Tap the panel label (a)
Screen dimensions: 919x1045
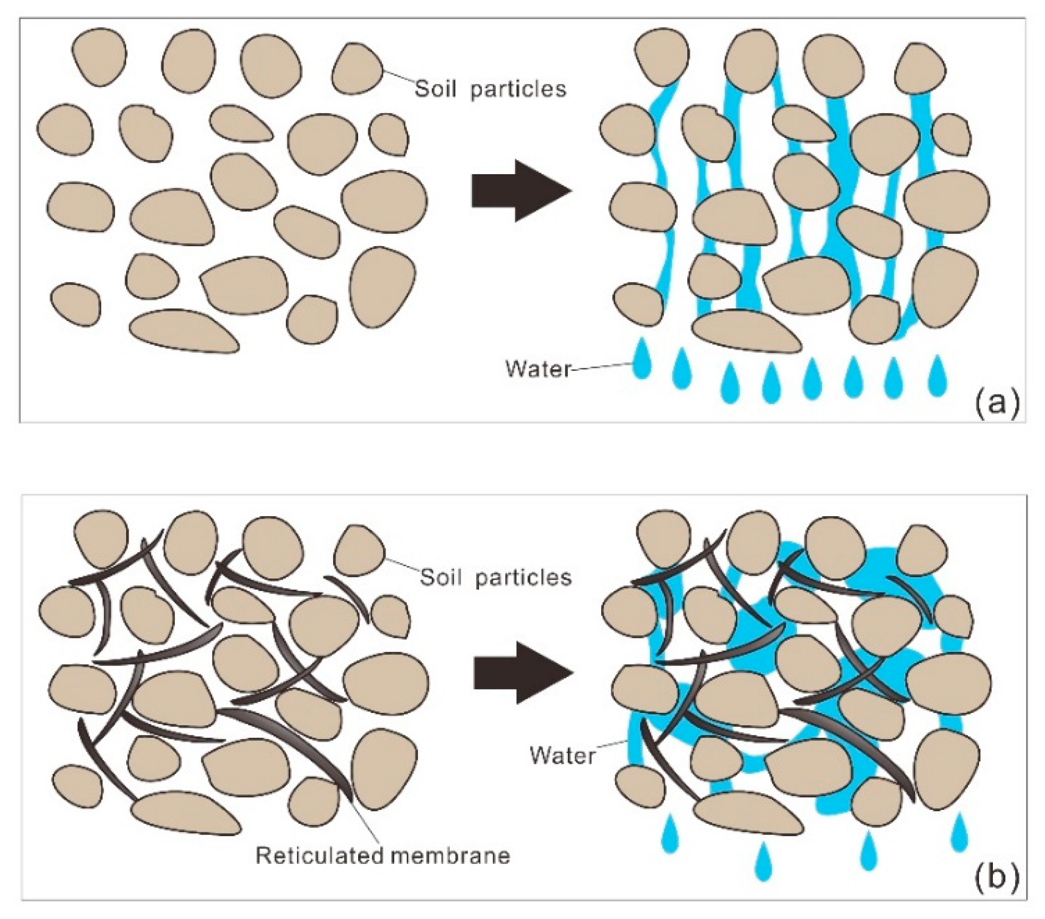tap(997, 402)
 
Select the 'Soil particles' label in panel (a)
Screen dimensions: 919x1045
tap(490, 89)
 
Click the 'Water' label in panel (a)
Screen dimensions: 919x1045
tap(538, 369)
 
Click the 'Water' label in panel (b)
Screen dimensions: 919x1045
tap(562, 756)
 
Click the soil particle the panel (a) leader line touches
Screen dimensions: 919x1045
tap(357, 69)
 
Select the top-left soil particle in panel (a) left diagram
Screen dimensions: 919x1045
tap(98, 56)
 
